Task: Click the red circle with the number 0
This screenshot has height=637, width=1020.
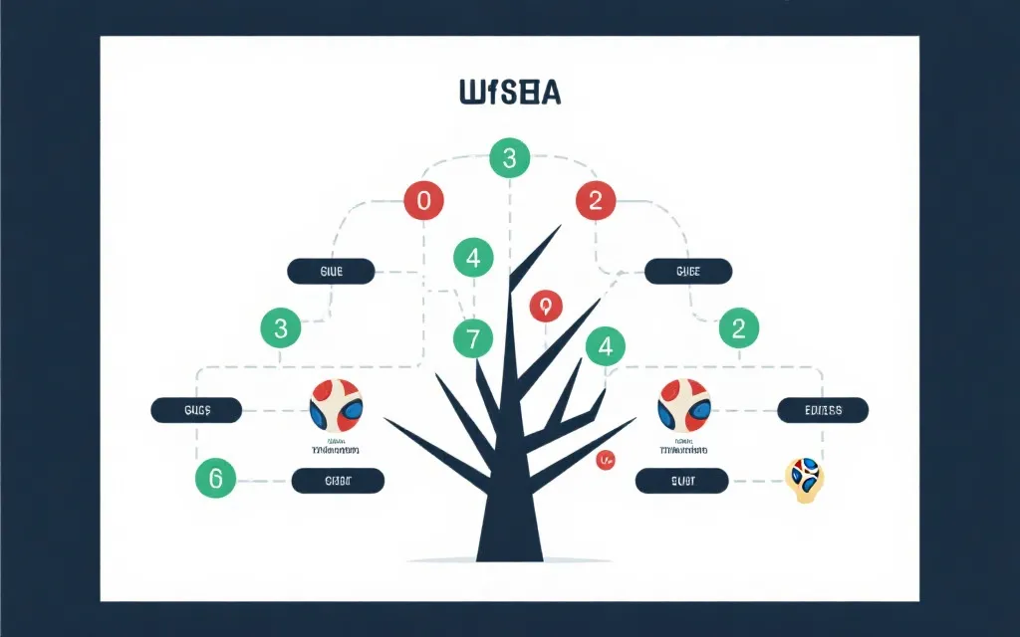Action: click(423, 200)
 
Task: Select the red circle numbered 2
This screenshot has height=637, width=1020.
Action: click(596, 200)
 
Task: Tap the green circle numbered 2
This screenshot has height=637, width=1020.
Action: click(738, 327)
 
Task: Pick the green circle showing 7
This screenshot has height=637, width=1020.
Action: click(473, 339)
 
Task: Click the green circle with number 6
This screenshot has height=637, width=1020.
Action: click(216, 478)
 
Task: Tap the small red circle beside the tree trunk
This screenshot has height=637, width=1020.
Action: click(604, 460)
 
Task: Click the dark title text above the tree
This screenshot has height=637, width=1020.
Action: click(510, 93)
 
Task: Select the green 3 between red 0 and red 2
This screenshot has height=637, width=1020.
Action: click(510, 157)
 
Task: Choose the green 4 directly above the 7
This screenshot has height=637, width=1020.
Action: click(473, 258)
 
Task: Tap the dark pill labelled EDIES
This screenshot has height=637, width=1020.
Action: click(823, 409)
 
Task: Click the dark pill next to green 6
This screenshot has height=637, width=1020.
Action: click(338, 482)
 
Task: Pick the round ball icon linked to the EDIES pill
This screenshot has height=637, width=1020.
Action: click(684, 405)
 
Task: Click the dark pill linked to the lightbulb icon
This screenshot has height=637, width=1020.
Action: click(682, 482)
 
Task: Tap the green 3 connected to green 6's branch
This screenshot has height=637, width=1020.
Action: click(280, 327)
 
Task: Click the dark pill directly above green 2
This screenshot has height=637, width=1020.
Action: click(688, 271)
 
